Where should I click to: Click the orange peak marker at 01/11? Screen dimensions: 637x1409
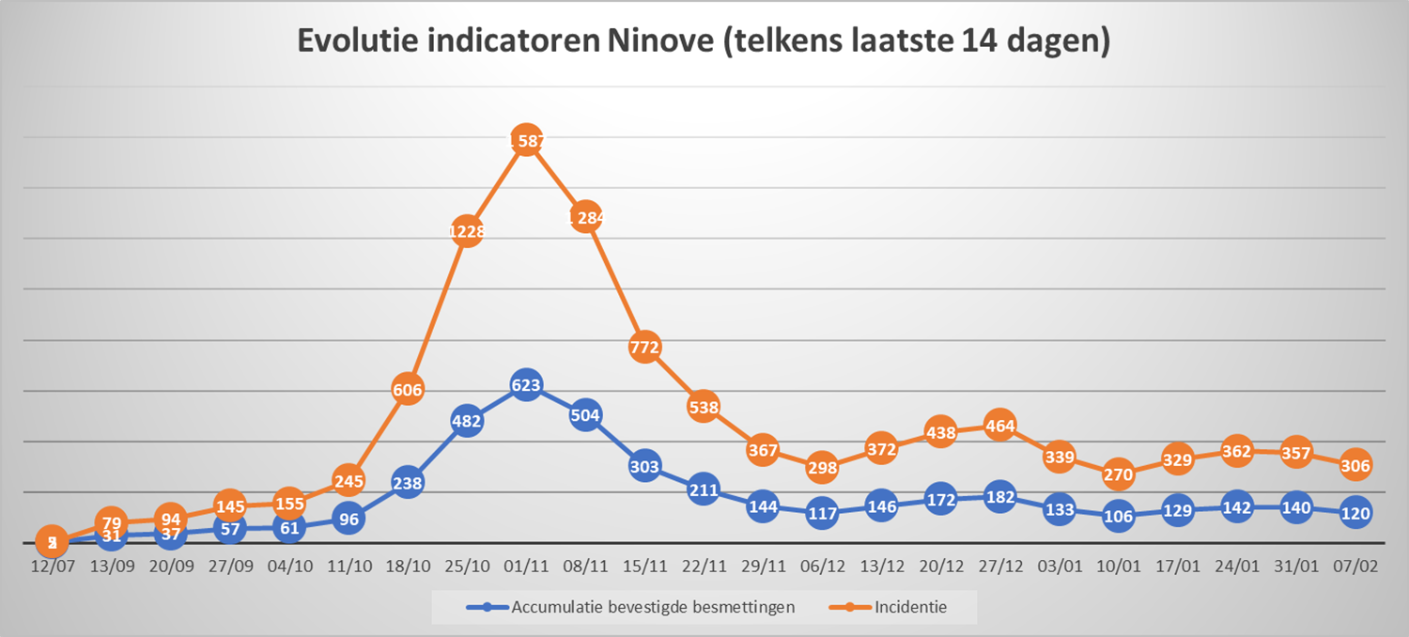tap(526, 141)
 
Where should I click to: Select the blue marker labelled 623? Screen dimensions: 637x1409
tap(526, 384)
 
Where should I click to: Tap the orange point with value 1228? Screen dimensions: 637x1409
tap(467, 230)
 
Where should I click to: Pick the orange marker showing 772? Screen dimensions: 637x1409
tap(645, 347)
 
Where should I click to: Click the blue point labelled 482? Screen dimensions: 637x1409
tap(467, 422)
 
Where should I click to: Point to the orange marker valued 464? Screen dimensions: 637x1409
tap(1000, 425)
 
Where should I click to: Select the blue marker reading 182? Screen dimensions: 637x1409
tap(1000, 497)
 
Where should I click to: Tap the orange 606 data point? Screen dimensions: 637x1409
tap(408, 389)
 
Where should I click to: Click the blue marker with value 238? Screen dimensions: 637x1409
tap(408, 483)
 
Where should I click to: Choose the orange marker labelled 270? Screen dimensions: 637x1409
tap(1119, 474)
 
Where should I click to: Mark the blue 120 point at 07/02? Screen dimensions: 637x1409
tap(1355, 513)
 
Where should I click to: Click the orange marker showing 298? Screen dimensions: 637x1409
tap(822, 467)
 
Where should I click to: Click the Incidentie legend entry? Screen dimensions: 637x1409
tap(910, 607)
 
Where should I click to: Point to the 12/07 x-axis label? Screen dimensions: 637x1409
tap(52, 567)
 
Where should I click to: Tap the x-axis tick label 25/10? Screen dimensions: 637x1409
tap(467, 567)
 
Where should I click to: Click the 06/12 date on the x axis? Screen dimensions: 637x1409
tap(822, 567)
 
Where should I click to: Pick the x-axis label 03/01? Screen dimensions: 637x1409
tap(1060, 567)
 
